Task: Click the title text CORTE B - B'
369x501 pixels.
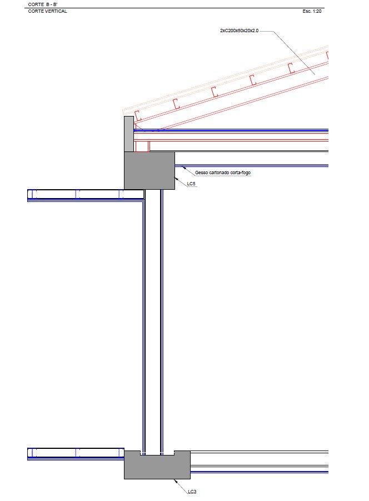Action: coord(43,4)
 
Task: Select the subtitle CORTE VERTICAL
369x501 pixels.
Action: coord(47,11)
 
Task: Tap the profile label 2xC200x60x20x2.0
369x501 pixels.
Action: coord(239,31)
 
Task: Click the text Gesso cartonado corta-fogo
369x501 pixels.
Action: coord(223,173)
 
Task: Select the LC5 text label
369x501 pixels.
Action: coord(192,184)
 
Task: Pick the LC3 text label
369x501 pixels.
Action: coord(192,492)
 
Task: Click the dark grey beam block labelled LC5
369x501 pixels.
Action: coord(149,170)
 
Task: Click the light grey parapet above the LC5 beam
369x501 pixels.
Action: coord(128,134)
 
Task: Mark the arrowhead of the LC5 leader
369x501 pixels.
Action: coord(176,178)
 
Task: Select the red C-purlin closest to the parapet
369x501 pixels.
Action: coord(138,115)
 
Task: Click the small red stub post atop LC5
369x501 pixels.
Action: coord(142,146)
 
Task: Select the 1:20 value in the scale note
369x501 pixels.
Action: coord(318,11)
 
